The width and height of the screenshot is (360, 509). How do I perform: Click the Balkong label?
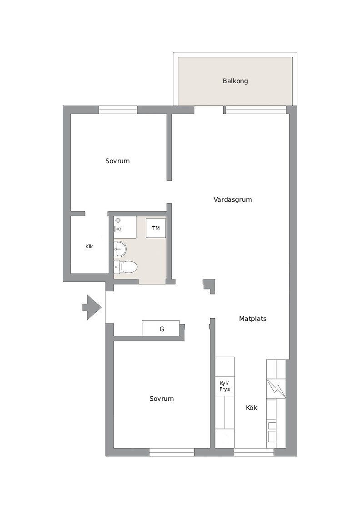(235, 81)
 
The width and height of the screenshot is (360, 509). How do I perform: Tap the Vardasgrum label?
(232, 200)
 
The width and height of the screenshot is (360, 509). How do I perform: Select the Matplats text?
(253, 319)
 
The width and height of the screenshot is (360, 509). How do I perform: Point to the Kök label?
(251, 408)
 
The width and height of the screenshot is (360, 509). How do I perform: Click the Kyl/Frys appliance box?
(225, 386)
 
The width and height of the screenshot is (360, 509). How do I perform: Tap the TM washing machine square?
(156, 228)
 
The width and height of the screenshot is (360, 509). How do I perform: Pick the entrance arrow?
(92, 307)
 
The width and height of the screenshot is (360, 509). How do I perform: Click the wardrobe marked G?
(161, 329)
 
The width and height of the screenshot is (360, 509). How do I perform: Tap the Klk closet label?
(89, 246)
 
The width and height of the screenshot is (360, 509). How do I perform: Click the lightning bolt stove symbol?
(276, 389)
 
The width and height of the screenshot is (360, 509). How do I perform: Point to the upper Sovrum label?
(118, 161)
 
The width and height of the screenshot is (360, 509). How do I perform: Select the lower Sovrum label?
(162, 399)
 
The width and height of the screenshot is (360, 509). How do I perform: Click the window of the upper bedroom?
(118, 110)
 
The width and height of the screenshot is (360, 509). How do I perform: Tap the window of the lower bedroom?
(172, 452)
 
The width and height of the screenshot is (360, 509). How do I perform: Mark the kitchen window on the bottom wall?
(254, 452)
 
